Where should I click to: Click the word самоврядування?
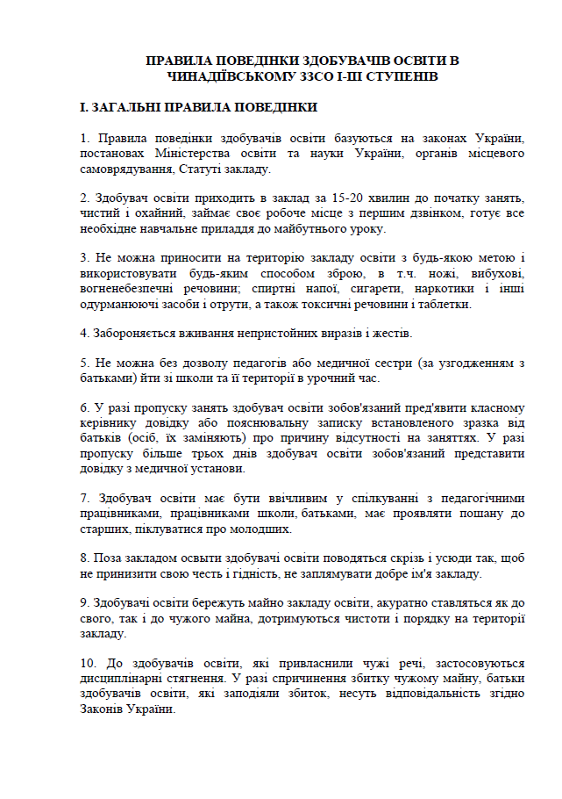[124, 169]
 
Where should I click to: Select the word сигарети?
[365, 290]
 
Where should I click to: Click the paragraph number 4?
[83, 335]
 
